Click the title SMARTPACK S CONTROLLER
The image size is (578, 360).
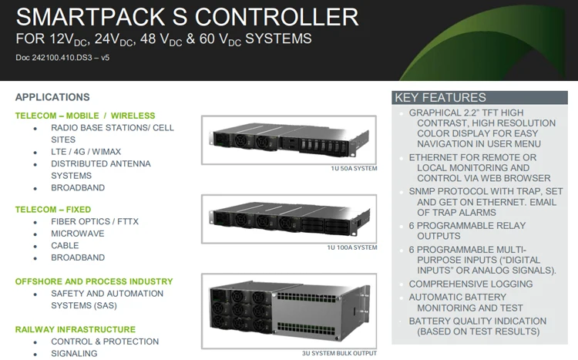[x=187, y=16]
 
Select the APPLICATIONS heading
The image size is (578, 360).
[x=52, y=97]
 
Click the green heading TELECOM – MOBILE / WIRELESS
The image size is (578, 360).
[x=85, y=116]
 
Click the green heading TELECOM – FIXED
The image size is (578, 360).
[x=53, y=210]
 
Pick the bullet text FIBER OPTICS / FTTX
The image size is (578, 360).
[x=95, y=221]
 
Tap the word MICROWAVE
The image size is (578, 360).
[x=78, y=234]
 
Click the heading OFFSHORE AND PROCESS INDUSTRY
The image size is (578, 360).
[x=94, y=281]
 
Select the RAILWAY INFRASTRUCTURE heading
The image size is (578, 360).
[x=76, y=329]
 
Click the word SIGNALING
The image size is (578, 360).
[x=74, y=353]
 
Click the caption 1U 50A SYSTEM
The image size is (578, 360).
[x=352, y=168]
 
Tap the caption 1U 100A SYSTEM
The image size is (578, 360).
[x=351, y=247]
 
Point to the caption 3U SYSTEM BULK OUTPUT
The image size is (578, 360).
[x=338, y=354]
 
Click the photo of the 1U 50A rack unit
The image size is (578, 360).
[x=289, y=140]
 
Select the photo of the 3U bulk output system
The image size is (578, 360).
[x=289, y=311]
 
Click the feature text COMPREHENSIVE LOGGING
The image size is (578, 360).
[x=471, y=284]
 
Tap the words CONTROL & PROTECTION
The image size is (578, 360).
[x=105, y=341]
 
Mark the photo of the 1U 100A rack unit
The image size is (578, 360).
[x=289, y=218]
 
